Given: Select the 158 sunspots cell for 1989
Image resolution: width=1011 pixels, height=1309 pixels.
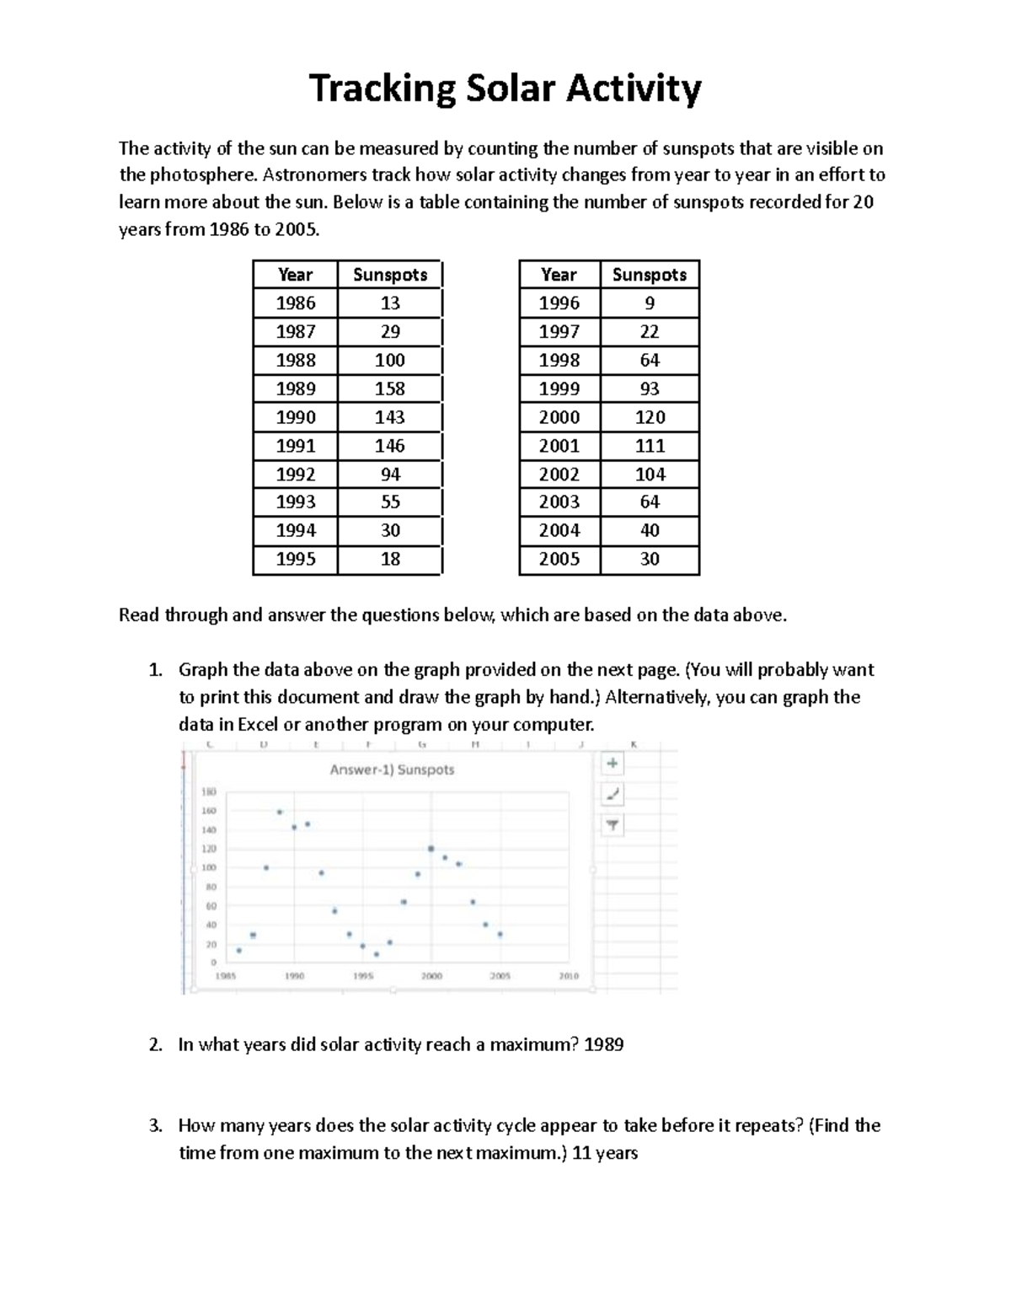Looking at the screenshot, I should click(389, 389).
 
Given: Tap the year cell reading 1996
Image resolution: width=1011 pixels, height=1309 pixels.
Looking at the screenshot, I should click(559, 303).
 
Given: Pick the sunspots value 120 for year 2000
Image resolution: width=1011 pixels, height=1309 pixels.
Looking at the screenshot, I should click(650, 417).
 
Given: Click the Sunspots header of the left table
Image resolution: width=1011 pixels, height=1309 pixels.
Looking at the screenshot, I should click(389, 275).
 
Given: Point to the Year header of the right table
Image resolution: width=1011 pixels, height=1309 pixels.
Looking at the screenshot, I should click(559, 275).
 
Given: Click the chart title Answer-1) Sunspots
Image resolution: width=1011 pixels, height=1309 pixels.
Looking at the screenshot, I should click(392, 770).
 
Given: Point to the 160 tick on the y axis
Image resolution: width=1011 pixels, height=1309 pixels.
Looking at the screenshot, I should click(209, 811).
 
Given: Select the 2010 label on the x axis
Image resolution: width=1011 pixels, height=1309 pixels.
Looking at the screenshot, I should click(569, 976).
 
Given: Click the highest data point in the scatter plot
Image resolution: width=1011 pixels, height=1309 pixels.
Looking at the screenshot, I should click(280, 812).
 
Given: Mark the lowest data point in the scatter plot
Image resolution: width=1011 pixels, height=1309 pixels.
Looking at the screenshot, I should click(377, 954).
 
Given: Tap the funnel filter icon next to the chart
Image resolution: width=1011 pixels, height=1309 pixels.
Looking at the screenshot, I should click(612, 825).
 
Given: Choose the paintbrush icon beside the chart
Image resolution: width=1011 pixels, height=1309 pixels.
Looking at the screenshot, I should click(612, 794).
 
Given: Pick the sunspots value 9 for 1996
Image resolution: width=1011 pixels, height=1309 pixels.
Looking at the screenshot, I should click(650, 303).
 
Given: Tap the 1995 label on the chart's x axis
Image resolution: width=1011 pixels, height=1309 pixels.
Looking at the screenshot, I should click(363, 976).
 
